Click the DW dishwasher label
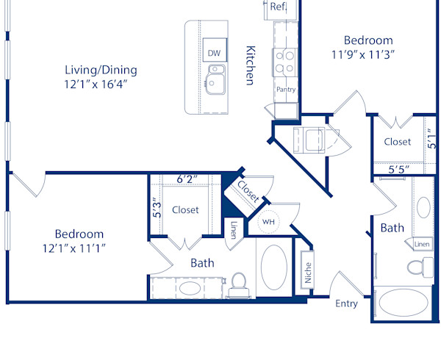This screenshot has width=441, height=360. click(214, 53)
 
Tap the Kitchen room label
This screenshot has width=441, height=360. click(250, 66)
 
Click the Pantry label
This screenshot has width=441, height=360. click(285, 90)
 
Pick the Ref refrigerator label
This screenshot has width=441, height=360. click(277, 7)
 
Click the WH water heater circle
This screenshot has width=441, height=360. click(268, 221)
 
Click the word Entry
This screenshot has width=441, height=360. click(346, 303)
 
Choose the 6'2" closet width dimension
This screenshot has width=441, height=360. click(187, 179)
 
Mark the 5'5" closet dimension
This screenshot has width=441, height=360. click(398, 169)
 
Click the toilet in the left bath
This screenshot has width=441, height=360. click(238, 283)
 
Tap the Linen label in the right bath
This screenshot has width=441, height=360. click(421, 243)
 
